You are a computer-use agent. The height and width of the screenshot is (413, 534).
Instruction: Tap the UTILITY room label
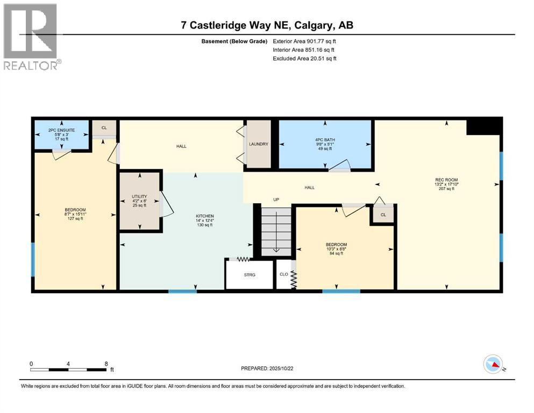(x=139, y=197)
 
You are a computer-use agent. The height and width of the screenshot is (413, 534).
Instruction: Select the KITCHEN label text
(x=204, y=218)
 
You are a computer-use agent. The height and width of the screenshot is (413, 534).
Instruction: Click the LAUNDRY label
(x=258, y=144)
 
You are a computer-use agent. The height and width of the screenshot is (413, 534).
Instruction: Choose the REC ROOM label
(x=446, y=180)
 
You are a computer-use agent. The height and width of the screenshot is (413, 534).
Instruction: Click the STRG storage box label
(x=249, y=275)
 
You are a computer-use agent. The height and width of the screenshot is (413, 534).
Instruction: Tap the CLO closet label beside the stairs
(x=283, y=274)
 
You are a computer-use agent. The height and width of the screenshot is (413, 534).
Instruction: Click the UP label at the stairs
(x=277, y=200)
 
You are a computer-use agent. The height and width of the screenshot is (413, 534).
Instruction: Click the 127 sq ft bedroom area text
(x=75, y=219)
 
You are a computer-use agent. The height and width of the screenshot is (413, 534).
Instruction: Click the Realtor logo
(x=31, y=36)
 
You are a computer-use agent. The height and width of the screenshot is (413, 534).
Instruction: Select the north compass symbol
(x=493, y=365)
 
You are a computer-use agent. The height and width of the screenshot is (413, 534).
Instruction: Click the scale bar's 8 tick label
(x=106, y=364)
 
